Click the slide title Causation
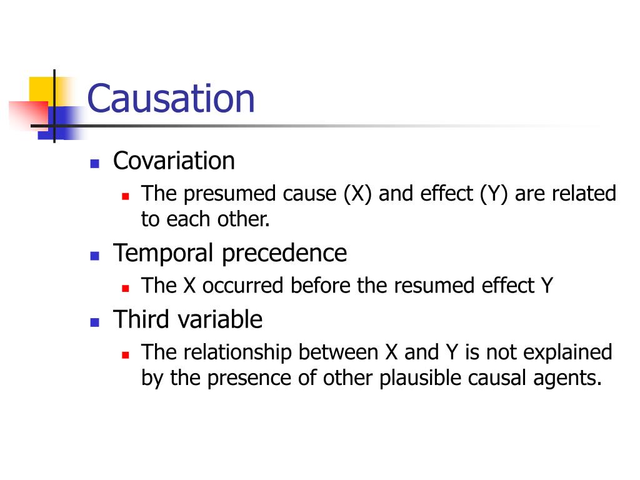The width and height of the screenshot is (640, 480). [x=171, y=99]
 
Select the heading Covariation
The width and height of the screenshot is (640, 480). [x=174, y=161]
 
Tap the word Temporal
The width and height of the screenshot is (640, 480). [x=164, y=253]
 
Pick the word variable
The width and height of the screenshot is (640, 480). [x=220, y=319]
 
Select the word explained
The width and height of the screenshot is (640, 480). [x=567, y=352]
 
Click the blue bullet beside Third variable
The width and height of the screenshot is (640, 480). [x=95, y=322]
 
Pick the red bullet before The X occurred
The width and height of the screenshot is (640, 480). [x=126, y=288]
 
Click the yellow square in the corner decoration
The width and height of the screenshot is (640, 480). [x=40, y=89]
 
